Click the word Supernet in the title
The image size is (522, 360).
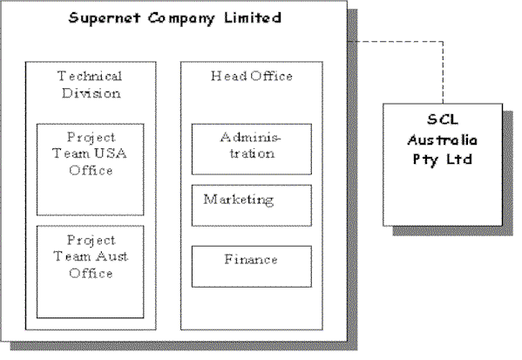point(105,18)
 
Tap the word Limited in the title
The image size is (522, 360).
point(253,17)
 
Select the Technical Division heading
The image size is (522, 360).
point(90,85)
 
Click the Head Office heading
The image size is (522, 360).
point(252,76)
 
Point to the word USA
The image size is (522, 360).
point(110,153)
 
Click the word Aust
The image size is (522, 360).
point(112,256)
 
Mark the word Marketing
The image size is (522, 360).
point(239,200)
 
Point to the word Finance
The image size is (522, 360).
point(251,260)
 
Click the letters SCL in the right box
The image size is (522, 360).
point(443,119)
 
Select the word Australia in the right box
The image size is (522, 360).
point(443,139)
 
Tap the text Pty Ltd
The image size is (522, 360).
point(443,160)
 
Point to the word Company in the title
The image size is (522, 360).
point(182,18)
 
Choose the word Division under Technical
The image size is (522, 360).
point(92,93)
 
